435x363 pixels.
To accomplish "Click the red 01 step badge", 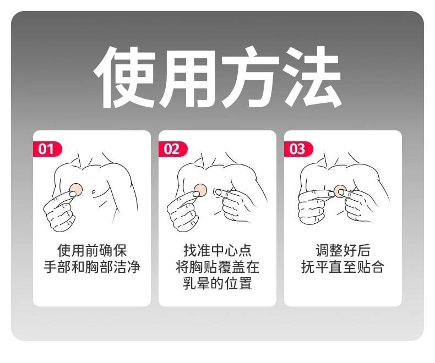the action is point(47,149).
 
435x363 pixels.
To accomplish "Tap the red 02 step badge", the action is point(172,149).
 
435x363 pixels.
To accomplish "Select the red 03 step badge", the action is point(298,149).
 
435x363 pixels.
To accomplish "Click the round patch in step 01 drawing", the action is point(76,190).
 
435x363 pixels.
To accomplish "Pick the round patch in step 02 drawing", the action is point(200,190).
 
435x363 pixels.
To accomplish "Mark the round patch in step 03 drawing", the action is point(340,191).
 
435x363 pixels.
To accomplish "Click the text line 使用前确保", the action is point(92,250).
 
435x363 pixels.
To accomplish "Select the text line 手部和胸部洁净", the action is point(92,267).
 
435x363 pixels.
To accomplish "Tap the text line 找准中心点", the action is point(218,250).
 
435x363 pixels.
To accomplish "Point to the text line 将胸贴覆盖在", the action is point(218,267).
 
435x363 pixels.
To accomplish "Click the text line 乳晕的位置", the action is point(218,283).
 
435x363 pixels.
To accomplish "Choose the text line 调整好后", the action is point(343,250).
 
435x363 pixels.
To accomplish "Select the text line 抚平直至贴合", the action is point(343,267).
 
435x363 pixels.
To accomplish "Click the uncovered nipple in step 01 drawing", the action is point(94,191).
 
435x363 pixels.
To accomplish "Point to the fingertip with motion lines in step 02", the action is point(218,192).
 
